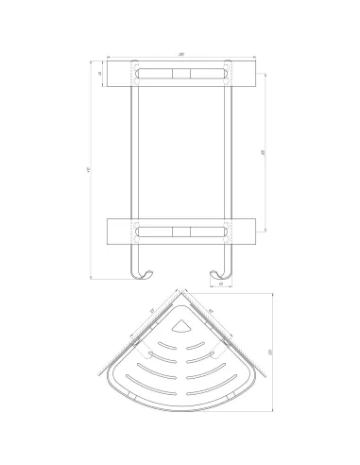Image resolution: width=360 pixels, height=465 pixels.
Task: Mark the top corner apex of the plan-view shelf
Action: (180, 294)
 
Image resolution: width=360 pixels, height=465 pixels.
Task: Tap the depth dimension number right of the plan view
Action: (268, 352)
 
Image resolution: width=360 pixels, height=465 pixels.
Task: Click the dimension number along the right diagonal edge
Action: (210, 311)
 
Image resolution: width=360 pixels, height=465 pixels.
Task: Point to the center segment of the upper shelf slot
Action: (180, 73)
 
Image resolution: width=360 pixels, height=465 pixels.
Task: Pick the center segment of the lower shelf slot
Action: (180, 230)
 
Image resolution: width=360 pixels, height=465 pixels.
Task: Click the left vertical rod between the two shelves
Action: (131, 151)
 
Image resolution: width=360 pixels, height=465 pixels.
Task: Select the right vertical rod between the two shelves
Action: (228, 151)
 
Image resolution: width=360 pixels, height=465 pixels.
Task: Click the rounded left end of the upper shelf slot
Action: (138, 73)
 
